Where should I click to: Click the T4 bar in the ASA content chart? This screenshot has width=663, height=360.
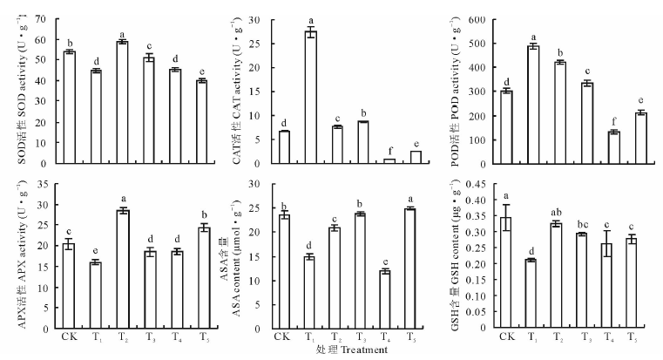[x=360, y=298]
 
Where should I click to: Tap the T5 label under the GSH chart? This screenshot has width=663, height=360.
[x=615, y=337]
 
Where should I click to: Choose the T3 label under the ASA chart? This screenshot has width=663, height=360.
[x=361, y=337]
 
